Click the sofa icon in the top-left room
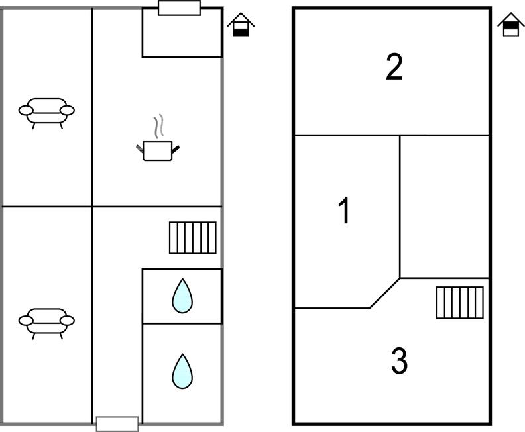click(46, 113)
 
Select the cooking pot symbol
click(158, 150)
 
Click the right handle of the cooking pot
click(176, 148)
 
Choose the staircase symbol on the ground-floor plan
click(192, 238)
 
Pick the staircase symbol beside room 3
click(459, 302)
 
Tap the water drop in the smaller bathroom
click(182, 296)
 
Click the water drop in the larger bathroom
click(182, 371)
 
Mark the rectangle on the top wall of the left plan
click(179, 8)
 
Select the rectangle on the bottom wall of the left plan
click(117, 423)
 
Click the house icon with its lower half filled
click(241, 25)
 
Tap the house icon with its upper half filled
click(511, 25)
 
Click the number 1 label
click(344, 211)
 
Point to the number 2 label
click(394, 67)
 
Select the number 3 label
click(399, 361)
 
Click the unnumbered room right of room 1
click(444, 205)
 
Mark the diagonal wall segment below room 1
click(384, 294)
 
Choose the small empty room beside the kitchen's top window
click(182, 36)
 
